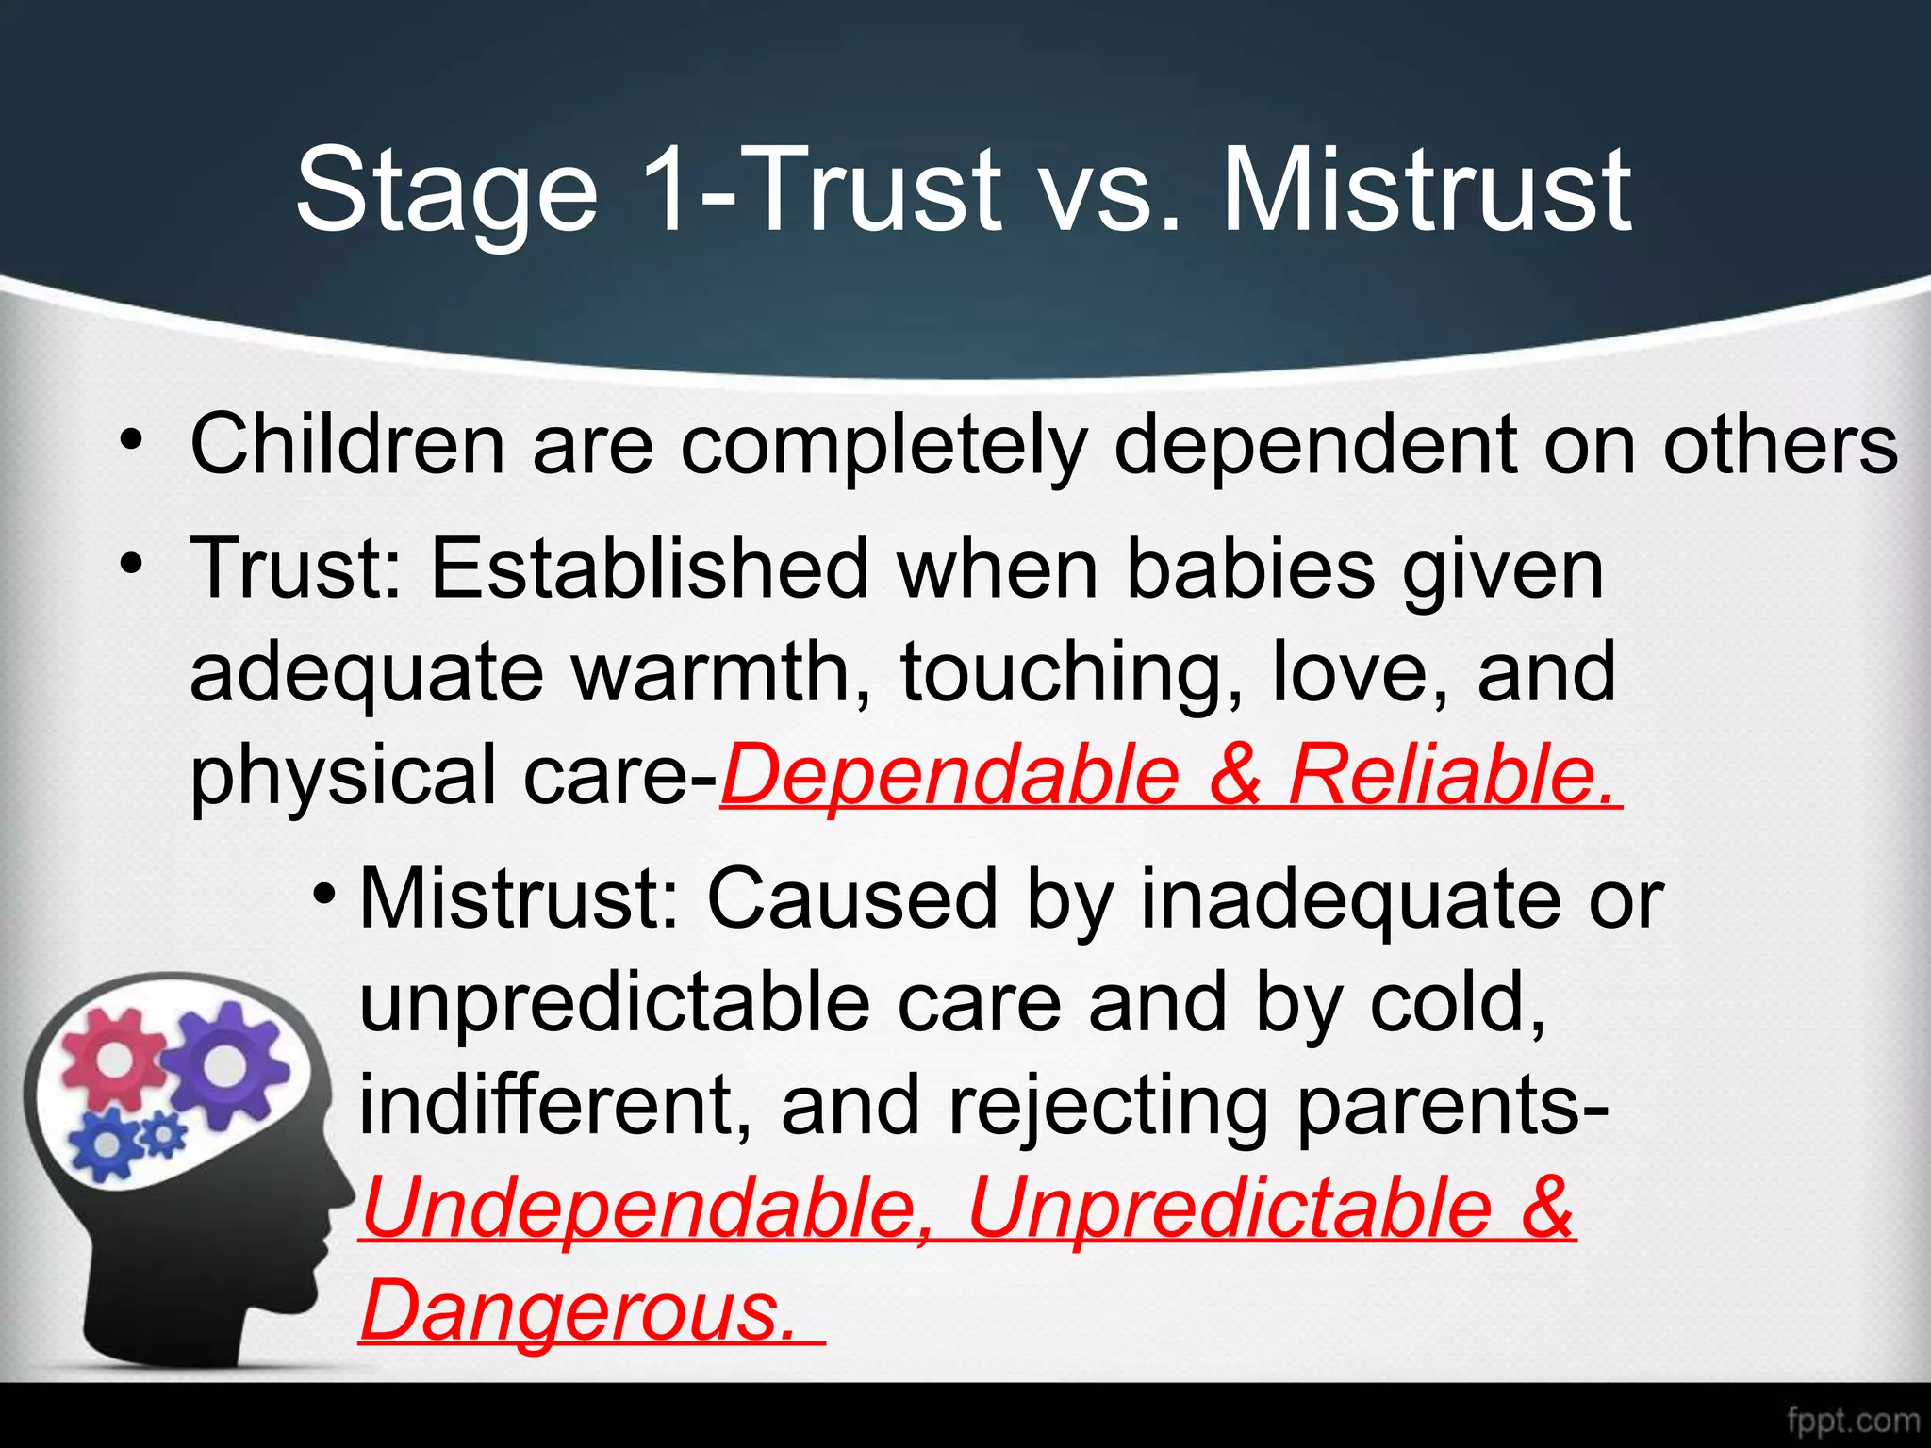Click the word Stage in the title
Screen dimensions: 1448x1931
click(x=447, y=190)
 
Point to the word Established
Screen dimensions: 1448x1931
click(x=650, y=569)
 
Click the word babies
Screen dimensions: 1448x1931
click(x=1250, y=569)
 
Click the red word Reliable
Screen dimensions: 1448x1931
click(x=1452, y=775)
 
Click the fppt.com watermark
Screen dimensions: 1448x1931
click(x=1853, y=1420)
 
